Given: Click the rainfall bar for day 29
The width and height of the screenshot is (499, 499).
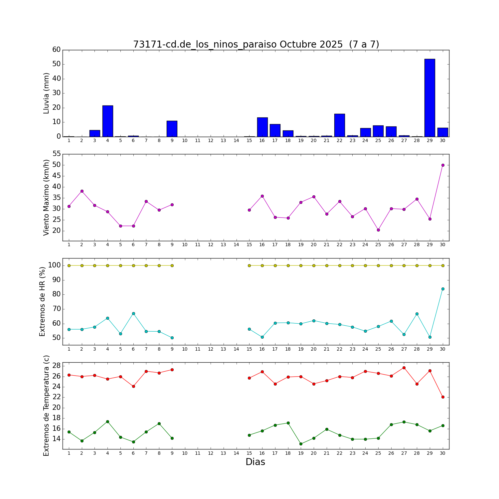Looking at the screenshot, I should point(430,98).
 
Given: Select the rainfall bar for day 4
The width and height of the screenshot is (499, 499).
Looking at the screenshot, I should point(108,121).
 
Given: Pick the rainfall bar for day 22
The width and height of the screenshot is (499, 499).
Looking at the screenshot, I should point(340,125).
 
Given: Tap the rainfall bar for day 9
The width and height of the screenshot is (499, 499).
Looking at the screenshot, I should point(172,129).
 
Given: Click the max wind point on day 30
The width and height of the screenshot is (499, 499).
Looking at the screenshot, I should point(443,165).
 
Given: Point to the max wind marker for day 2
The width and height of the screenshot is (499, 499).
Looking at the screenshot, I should point(82,191).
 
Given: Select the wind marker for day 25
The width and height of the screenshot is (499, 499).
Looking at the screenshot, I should point(378,230).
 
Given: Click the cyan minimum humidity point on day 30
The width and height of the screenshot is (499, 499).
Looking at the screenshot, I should point(443,289).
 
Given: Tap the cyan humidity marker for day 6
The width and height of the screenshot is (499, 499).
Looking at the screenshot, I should point(133,313).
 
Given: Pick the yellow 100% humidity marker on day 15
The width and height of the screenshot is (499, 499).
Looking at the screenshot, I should point(249,265).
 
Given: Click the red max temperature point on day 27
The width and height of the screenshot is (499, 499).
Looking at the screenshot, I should point(404,368).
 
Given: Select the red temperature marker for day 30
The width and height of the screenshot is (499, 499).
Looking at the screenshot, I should point(443,397).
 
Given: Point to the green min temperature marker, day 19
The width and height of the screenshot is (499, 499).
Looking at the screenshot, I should point(301,444).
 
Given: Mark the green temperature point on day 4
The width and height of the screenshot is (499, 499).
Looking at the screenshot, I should point(107,421).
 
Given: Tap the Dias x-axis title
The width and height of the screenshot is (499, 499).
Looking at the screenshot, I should point(255,462).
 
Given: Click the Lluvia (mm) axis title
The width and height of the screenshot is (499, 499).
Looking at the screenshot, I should point(46,93).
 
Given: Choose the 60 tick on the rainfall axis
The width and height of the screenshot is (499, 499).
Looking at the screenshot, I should point(57,50).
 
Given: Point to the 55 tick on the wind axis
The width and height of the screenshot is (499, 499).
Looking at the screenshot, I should point(57,154).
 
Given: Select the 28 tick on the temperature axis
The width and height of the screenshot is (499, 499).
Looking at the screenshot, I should point(57,366).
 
